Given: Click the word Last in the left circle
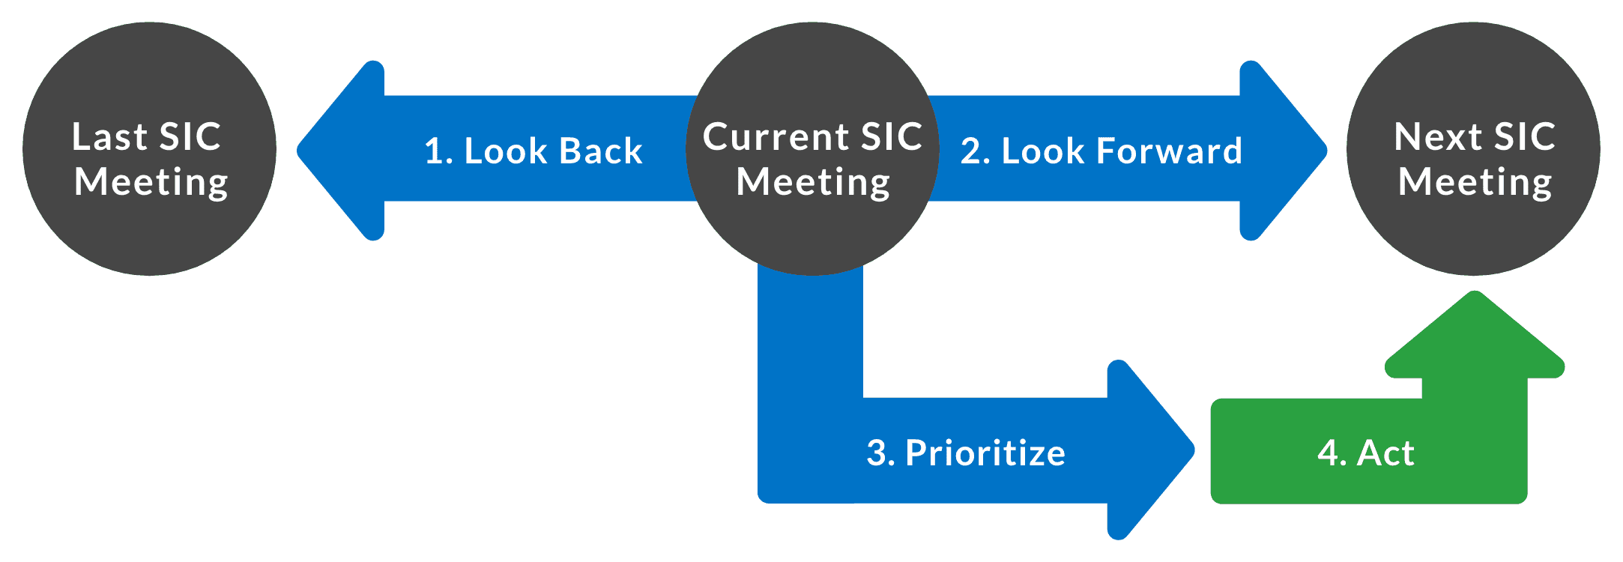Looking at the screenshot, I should click(x=109, y=137).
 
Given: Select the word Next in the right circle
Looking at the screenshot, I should click(x=1437, y=137).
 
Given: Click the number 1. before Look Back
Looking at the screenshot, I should click(x=438, y=151).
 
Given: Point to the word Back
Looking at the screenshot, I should click(x=601, y=151).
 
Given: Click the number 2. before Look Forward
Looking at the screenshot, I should click(x=976, y=151).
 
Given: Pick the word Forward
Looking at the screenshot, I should click(x=1169, y=151).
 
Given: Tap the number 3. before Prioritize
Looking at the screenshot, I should click(x=880, y=453).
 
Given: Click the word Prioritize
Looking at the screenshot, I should click(x=985, y=453).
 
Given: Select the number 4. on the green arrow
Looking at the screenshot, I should click(x=1332, y=453).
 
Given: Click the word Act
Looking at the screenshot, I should click(x=1386, y=453).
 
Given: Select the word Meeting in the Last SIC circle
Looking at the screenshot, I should click(x=151, y=183).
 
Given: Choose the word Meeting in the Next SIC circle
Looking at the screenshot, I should click(x=1475, y=183).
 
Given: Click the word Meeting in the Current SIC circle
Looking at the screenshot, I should click(x=813, y=183).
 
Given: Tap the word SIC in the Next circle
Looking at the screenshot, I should click(x=1525, y=137).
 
